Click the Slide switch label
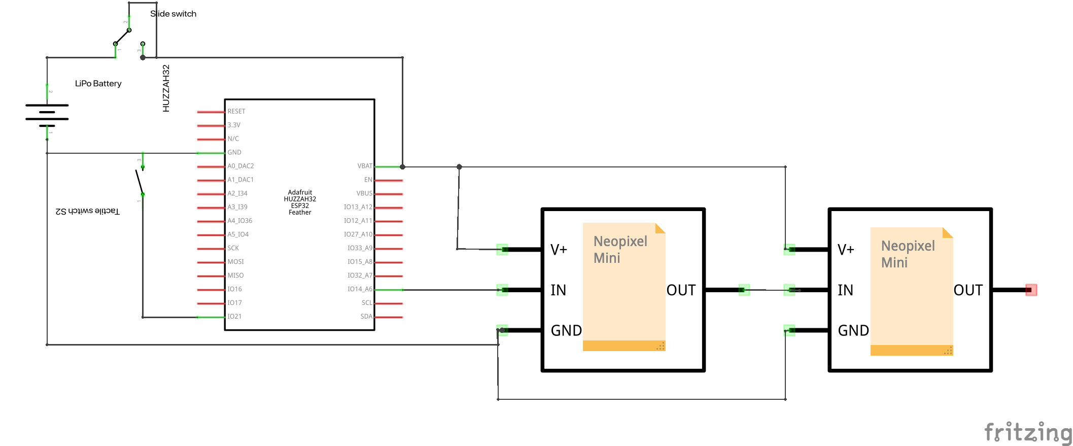point(173,14)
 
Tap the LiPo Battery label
point(98,83)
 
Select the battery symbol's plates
point(47,115)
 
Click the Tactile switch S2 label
point(88,211)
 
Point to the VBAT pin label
point(364,166)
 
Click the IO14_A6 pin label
point(359,289)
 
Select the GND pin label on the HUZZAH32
point(234,152)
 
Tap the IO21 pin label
point(234,317)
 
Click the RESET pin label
point(236,111)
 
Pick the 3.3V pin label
point(233,125)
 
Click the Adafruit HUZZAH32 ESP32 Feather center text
point(300,202)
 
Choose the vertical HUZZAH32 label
point(166,88)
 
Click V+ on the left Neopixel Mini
point(559,250)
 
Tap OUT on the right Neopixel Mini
point(967,290)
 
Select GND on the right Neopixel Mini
point(853,331)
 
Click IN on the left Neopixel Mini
point(558,290)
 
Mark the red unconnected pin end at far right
point(1031,290)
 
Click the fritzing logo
point(1028,433)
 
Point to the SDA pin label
point(366,317)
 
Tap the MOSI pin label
point(235,262)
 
